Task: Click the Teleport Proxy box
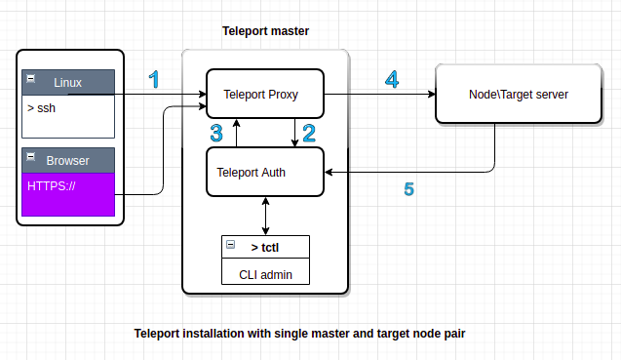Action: pos(263,95)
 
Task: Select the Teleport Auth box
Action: pos(263,173)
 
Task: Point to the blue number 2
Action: pos(308,133)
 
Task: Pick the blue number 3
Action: pos(216,133)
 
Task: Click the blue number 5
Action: pos(409,188)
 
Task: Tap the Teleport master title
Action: pos(265,31)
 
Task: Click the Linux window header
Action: pos(68,82)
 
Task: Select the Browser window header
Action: pos(68,160)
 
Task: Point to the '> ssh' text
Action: pos(42,106)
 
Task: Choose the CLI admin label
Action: pos(265,275)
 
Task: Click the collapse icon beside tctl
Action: pos(230,244)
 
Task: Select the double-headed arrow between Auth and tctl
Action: pos(265,216)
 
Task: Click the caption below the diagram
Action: pos(299,334)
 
